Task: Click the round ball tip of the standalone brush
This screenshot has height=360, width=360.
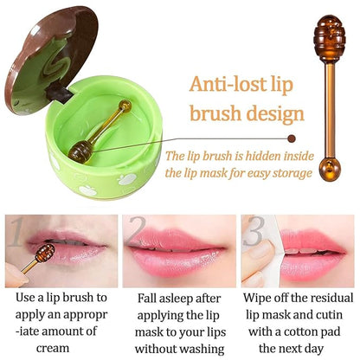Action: coord(329,166)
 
